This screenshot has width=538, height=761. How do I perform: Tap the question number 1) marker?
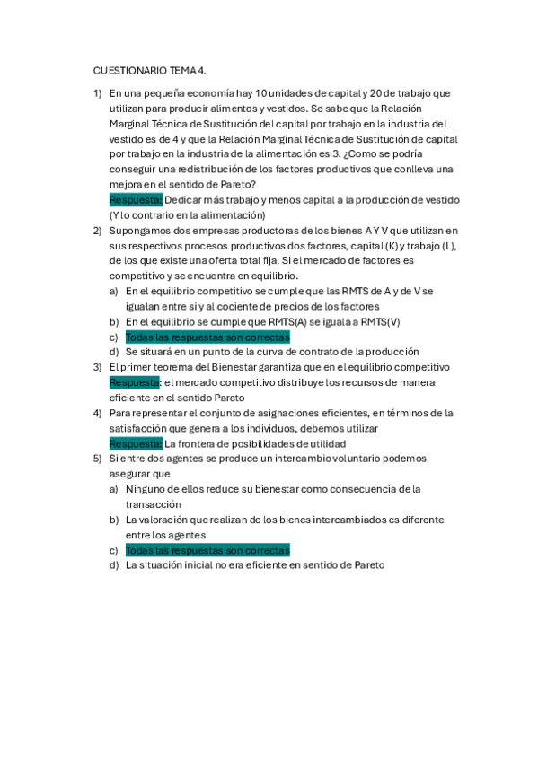coord(97,92)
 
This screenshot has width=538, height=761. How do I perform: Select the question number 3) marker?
coord(97,367)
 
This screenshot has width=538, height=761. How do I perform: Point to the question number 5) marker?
coord(97,458)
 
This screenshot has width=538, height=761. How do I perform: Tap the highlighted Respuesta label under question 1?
coord(136,199)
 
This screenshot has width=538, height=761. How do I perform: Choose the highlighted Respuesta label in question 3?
coord(136,382)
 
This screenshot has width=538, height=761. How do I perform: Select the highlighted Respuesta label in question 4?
coord(136,443)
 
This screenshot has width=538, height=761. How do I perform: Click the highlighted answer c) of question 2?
coord(207,337)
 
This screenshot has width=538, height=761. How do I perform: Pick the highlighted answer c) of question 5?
coord(207,550)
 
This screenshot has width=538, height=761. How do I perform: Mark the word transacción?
coord(155,504)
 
